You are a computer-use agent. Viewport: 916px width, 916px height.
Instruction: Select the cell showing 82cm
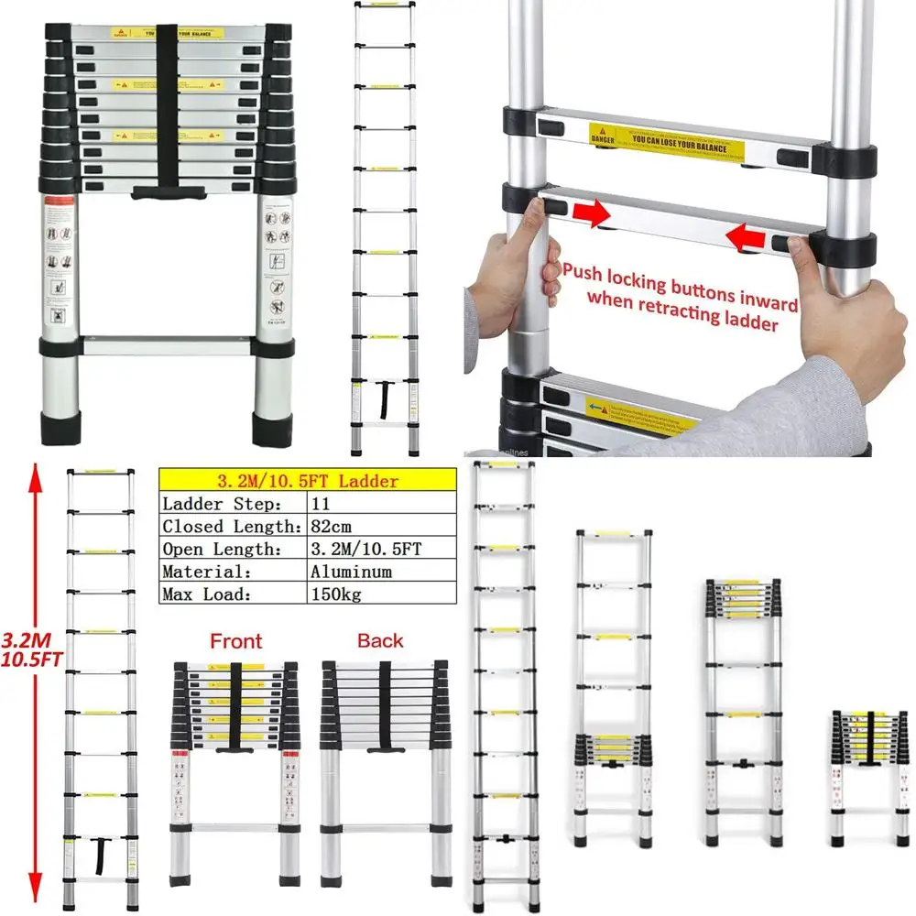[328, 526]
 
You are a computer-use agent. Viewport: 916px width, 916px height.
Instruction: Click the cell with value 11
[322, 504]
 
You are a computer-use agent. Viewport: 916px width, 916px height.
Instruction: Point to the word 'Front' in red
[235, 641]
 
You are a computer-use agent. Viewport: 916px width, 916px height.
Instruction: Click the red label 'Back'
[380, 641]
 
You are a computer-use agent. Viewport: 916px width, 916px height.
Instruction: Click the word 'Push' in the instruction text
[590, 272]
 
